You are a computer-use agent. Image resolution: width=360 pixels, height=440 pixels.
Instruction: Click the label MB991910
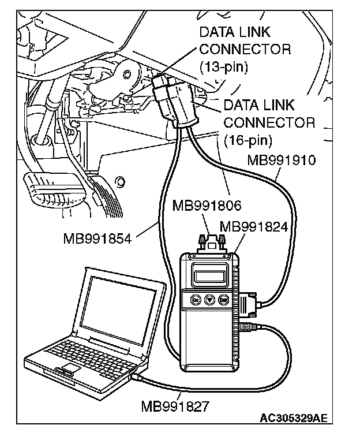[x=281, y=161]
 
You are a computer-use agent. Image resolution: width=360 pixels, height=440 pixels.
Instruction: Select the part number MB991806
[x=206, y=204]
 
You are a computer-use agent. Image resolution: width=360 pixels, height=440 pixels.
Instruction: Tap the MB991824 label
[x=254, y=227]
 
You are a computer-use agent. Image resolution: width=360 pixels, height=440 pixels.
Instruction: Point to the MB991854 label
[x=97, y=237]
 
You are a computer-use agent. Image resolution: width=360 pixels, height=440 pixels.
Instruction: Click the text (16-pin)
[x=247, y=140]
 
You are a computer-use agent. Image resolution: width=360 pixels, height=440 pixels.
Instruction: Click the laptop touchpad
[x=70, y=367]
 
